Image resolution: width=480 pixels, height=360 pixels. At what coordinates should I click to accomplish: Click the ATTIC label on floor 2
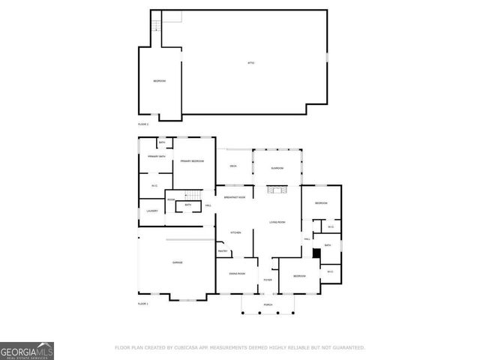click(251, 63)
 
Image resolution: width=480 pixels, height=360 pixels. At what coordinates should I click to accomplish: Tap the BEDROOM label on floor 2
click(160, 81)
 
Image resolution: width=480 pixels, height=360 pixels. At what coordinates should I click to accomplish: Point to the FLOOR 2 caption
click(143, 123)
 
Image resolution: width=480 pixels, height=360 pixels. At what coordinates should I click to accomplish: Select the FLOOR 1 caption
click(143, 304)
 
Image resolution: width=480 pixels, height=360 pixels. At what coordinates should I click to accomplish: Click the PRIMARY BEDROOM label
click(193, 161)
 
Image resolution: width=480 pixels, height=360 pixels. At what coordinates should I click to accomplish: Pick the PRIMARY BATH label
click(156, 156)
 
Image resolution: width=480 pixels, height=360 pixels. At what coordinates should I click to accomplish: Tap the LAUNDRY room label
click(152, 211)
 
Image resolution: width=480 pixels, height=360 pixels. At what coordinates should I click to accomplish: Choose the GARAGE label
click(178, 262)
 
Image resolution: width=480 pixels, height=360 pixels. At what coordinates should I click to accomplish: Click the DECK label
click(233, 165)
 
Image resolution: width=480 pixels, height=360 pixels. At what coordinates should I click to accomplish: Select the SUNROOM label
click(277, 169)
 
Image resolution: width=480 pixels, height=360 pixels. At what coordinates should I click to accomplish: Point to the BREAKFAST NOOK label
click(235, 197)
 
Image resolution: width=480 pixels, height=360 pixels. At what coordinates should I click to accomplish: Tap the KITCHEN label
click(235, 233)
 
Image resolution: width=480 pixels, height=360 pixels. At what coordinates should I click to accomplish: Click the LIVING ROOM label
click(277, 222)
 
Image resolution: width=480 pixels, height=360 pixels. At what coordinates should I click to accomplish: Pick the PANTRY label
click(223, 251)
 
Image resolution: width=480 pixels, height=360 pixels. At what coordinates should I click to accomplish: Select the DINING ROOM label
click(237, 274)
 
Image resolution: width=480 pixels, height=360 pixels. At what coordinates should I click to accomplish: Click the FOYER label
click(268, 280)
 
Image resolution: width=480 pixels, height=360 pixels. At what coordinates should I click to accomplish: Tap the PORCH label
click(268, 305)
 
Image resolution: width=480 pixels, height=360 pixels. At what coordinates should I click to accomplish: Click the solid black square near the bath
click(316, 254)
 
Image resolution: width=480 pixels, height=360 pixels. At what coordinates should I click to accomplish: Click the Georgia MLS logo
click(27, 350)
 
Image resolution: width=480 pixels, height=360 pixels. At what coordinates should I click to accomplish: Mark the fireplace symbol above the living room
click(277, 189)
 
